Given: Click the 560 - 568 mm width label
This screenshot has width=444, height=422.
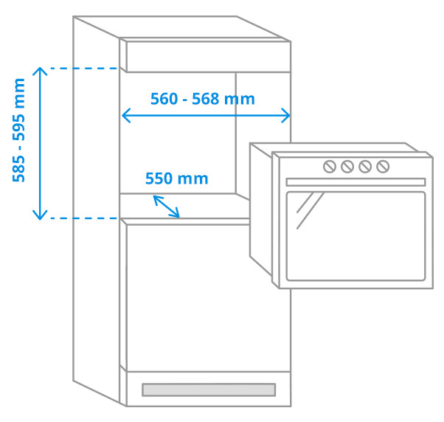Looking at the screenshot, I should pyautogui.click(x=202, y=99).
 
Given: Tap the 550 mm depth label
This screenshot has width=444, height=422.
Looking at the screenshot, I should pyautogui.click(x=176, y=179).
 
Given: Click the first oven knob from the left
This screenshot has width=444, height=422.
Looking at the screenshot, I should pyautogui.click(x=330, y=167).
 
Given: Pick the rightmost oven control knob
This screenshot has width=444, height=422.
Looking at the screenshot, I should pyautogui.click(x=383, y=167).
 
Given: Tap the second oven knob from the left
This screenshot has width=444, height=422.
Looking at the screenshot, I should pyautogui.click(x=347, y=167).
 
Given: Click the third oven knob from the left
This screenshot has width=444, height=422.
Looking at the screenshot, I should pyautogui.click(x=365, y=167).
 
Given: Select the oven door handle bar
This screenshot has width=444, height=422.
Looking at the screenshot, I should pyautogui.click(x=355, y=181).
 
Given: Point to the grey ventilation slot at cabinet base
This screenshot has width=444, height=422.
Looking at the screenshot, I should pyautogui.click(x=208, y=389).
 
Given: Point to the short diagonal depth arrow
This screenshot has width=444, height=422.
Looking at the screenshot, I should pyautogui.click(x=166, y=206).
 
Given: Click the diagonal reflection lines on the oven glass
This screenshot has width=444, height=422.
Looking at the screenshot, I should pyautogui.click(x=310, y=210).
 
